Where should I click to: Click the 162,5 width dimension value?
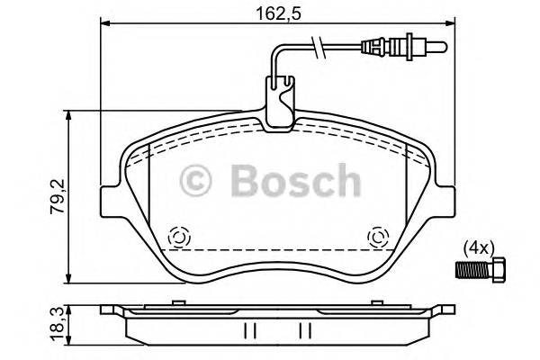[x=273, y=13]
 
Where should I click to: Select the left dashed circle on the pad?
[x=178, y=238]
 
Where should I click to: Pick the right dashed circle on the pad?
[x=378, y=238]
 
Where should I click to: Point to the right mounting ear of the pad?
[x=446, y=200]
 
